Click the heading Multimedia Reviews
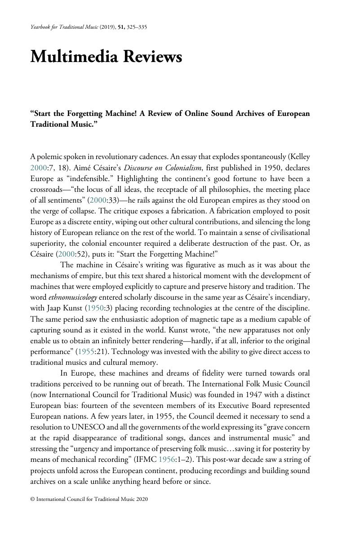coord(106,58)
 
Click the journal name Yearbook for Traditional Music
coord(61,27)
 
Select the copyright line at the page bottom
coord(89,499)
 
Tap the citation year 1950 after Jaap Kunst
coord(95,308)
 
